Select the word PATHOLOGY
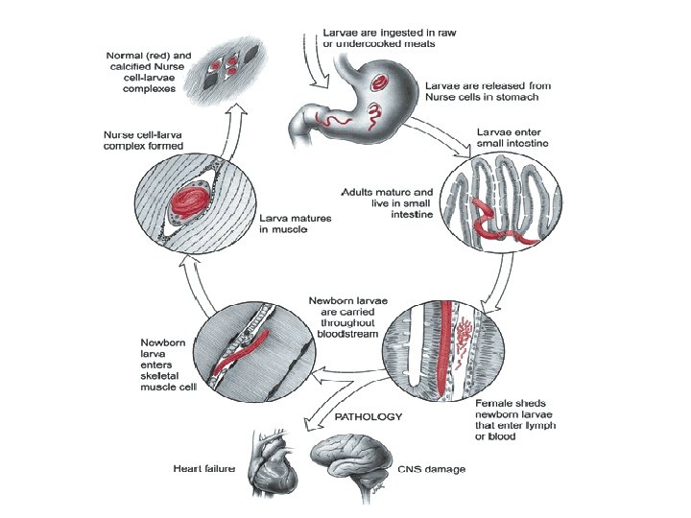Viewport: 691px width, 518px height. click(368, 417)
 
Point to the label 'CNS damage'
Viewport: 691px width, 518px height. click(431, 469)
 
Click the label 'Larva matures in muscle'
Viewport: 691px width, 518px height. click(296, 225)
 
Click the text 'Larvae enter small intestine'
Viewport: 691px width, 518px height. click(512, 136)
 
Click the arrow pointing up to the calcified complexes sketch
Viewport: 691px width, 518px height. click(230, 119)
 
